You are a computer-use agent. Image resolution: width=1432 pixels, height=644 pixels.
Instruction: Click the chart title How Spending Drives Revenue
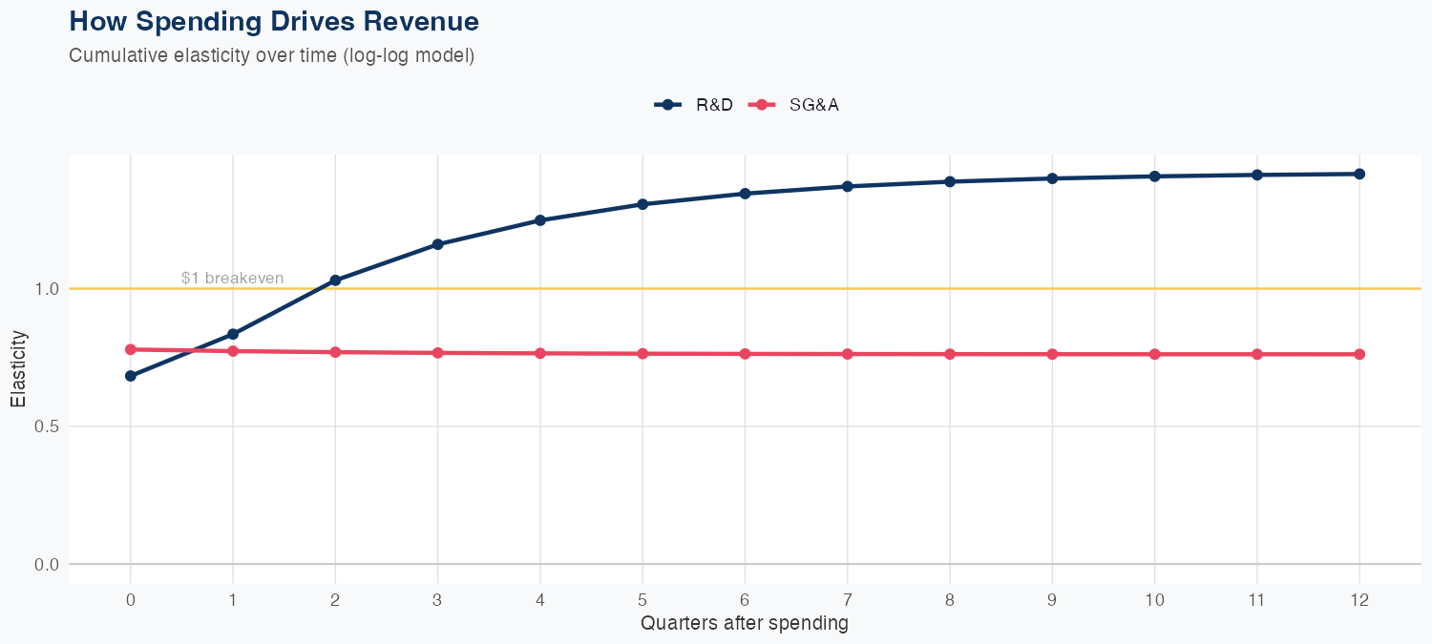click(x=274, y=21)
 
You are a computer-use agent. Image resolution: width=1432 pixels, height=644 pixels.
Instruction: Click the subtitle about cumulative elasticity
click(x=271, y=55)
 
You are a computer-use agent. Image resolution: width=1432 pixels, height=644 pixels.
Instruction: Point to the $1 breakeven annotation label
click(x=232, y=278)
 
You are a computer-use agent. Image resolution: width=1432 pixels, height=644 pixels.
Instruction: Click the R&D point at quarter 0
click(x=131, y=376)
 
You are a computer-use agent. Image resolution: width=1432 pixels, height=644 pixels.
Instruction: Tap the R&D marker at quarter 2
click(x=335, y=280)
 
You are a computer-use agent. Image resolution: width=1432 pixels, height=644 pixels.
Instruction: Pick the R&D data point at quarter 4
click(x=540, y=220)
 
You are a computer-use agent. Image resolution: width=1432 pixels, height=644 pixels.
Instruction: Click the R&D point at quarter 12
click(x=1359, y=174)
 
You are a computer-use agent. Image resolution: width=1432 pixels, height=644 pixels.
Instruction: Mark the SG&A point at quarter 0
click(x=131, y=349)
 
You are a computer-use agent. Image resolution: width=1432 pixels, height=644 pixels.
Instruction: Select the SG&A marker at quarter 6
click(x=745, y=354)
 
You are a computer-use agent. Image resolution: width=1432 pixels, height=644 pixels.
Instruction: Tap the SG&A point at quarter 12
click(x=1359, y=354)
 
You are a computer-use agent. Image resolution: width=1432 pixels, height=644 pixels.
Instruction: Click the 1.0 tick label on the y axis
click(x=47, y=288)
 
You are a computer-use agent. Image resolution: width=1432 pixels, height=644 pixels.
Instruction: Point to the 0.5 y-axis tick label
click(x=47, y=426)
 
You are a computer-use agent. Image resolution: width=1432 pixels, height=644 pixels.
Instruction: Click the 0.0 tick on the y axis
click(x=47, y=565)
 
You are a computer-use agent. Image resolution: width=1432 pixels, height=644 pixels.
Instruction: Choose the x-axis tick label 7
click(x=848, y=600)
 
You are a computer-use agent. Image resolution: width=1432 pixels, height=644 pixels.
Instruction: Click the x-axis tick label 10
click(x=1154, y=600)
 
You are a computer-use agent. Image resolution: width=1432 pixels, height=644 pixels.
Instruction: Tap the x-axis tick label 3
click(x=438, y=600)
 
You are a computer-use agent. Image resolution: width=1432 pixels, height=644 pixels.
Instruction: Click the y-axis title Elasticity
click(x=18, y=369)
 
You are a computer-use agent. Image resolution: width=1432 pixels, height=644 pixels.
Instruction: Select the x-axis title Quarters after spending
click(x=745, y=624)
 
